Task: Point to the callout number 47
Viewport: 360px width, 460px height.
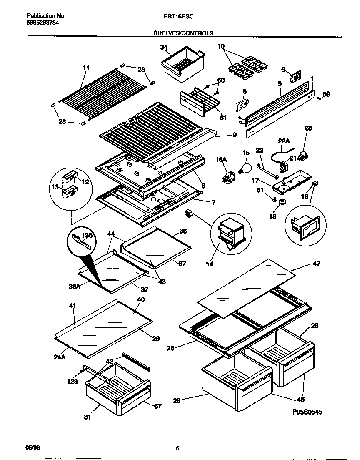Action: pyautogui.click(x=317, y=264)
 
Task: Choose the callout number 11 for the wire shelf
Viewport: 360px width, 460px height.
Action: pyautogui.click(x=86, y=68)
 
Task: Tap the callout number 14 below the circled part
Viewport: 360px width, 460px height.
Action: pyautogui.click(x=209, y=264)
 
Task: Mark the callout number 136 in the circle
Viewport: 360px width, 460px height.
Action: pyautogui.click(x=87, y=236)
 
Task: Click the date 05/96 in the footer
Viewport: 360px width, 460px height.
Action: pyautogui.click(x=32, y=447)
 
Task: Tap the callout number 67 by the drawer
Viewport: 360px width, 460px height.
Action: pyautogui.click(x=157, y=406)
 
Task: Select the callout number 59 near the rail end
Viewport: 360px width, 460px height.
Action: pyautogui.click(x=326, y=94)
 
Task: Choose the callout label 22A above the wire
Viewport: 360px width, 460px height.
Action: pyautogui.click(x=283, y=141)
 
